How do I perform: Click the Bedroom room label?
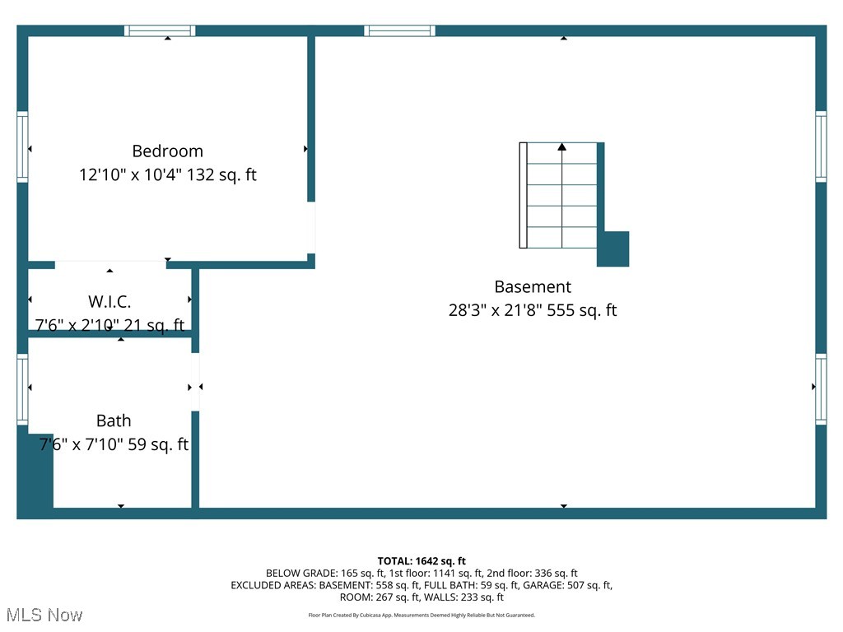[x=167, y=151]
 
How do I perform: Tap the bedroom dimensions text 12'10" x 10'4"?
[x=168, y=174]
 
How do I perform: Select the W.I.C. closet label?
[x=109, y=301]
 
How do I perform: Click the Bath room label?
[x=114, y=421]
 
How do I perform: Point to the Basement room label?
[x=532, y=286]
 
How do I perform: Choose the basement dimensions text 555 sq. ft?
[x=532, y=310]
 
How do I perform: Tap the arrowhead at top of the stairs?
[x=562, y=146]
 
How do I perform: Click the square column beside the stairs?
[x=613, y=249]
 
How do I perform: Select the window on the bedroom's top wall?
[x=160, y=30]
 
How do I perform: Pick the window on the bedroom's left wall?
[x=22, y=146]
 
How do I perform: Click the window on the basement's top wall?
[x=400, y=30]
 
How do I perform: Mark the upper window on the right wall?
[x=821, y=146]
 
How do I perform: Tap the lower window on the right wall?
[x=821, y=388]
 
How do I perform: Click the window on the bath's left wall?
[x=22, y=388]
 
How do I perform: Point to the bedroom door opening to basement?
[x=311, y=227]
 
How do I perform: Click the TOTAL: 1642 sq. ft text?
[x=421, y=560]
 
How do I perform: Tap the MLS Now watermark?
[x=44, y=615]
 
